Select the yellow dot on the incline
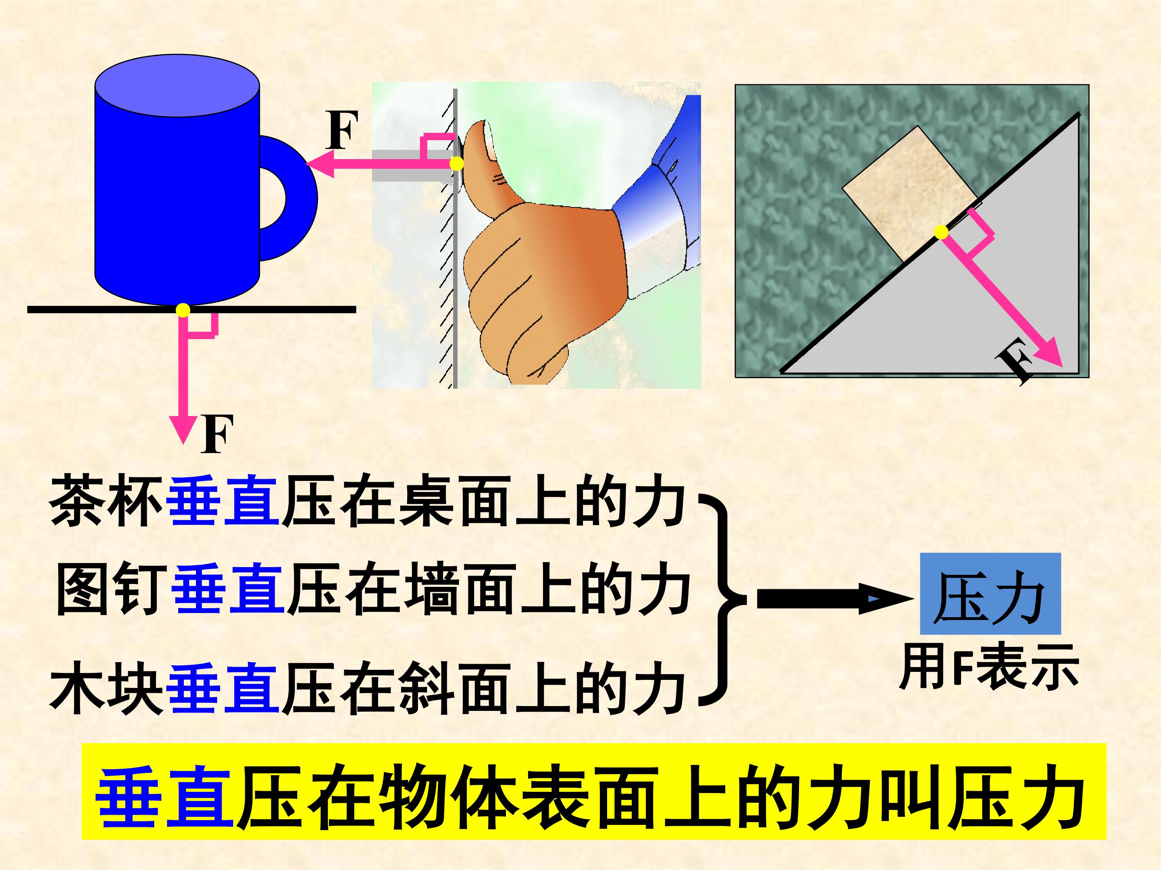click(941, 233)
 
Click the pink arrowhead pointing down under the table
click(183, 429)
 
